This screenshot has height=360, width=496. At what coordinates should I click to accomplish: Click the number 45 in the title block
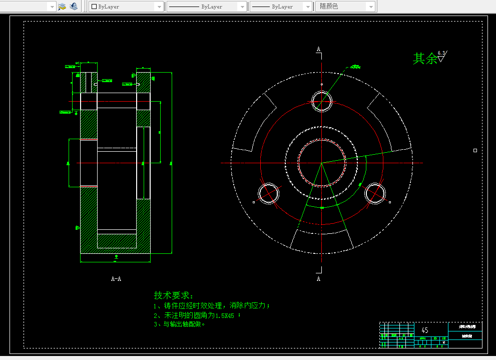click(425, 330)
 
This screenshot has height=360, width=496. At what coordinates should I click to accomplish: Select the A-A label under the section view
click(116, 279)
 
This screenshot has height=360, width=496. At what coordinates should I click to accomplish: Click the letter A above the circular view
click(318, 49)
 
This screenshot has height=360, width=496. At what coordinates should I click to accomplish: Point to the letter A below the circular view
click(318, 279)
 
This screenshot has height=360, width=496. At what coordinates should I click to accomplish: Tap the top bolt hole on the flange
click(321, 102)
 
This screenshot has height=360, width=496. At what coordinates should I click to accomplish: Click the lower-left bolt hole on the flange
click(268, 193)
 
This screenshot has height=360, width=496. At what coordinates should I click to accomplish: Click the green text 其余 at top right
click(424, 59)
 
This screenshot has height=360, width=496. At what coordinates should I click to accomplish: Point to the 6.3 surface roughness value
click(441, 53)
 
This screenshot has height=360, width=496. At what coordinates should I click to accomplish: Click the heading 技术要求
click(173, 295)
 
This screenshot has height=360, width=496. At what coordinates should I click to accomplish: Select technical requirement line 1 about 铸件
click(212, 305)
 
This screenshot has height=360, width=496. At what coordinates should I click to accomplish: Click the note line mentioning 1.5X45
click(198, 315)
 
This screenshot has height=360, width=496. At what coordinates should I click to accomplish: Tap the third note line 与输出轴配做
click(180, 324)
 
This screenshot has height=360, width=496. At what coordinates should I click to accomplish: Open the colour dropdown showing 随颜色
click(346, 7)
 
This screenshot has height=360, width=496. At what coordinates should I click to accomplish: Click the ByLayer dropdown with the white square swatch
click(126, 7)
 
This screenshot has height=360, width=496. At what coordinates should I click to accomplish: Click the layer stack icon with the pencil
click(62, 7)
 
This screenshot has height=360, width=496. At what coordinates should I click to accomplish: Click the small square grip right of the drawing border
click(475, 150)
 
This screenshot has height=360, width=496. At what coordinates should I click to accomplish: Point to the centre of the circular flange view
click(321, 163)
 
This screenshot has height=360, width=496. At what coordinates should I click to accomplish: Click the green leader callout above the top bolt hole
click(355, 66)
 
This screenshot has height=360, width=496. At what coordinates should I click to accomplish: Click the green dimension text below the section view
click(116, 257)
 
